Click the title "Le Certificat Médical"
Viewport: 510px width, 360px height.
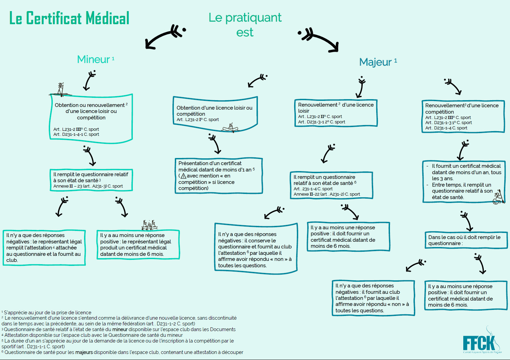click(x=69, y=18)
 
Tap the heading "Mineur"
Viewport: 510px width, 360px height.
click(x=93, y=59)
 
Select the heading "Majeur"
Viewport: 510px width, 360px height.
click(x=376, y=62)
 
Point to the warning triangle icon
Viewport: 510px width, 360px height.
click(x=183, y=176)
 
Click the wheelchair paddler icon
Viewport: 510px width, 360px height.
click(x=498, y=197)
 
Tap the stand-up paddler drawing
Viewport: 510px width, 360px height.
click(x=60, y=89)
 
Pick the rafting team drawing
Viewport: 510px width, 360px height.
click(x=149, y=225)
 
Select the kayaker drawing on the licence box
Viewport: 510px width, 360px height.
click(x=230, y=128)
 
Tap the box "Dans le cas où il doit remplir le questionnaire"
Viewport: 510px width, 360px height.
click(x=466, y=240)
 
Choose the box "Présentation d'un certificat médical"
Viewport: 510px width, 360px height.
click(x=219, y=175)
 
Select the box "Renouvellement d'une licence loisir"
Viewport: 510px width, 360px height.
click(x=336, y=113)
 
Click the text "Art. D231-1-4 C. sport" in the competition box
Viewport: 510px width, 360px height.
click(x=446, y=128)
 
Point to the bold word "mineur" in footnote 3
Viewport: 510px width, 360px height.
click(x=120, y=329)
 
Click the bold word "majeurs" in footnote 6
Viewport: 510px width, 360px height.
click(x=84, y=352)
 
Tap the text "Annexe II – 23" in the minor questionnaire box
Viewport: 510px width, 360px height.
click(x=67, y=186)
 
